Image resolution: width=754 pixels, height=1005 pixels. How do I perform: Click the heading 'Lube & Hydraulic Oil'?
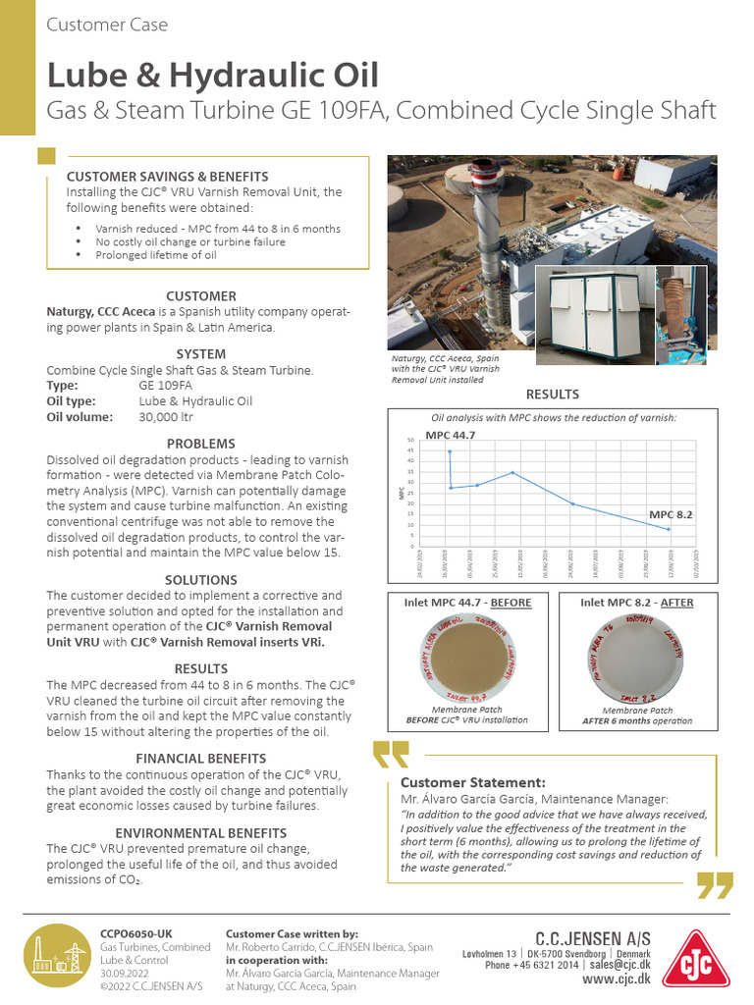pos(211,75)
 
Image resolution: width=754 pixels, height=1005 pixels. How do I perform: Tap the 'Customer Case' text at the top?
pos(107,25)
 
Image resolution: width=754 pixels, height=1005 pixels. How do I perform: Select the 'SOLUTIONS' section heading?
pos(200,580)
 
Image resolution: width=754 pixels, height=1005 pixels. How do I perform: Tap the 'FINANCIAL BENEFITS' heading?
pos(200,758)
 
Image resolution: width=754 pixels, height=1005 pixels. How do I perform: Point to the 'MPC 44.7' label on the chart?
pos(451,435)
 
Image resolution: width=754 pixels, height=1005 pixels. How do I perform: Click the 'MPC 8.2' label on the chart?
pos(673,514)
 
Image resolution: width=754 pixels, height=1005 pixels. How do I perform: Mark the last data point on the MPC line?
pos(670,530)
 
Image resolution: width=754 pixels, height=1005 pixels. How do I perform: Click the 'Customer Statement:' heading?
pos(473,782)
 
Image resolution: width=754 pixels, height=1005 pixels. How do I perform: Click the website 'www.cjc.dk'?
pos(616,979)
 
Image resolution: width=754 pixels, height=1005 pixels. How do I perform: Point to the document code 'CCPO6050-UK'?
pos(136,933)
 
